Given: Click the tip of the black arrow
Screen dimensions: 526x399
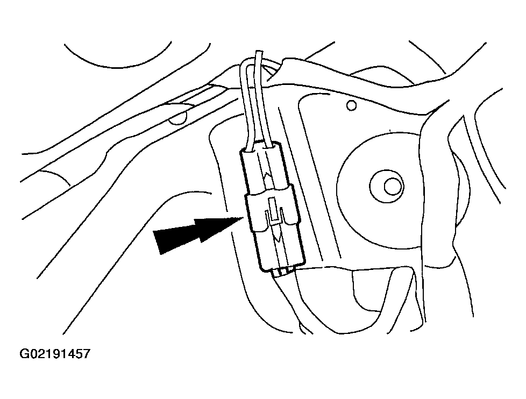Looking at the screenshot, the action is (x=243, y=217).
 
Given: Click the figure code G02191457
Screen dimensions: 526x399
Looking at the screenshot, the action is (x=55, y=354).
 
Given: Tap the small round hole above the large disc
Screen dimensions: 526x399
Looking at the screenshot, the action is (x=351, y=105).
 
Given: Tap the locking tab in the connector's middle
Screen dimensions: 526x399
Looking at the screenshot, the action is (x=274, y=211).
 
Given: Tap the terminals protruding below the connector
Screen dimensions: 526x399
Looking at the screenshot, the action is (x=283, y=271).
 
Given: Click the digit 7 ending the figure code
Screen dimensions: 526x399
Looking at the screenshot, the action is (x=86, y=354).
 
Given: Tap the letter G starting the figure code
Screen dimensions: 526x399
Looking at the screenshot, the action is (x=25, y=354).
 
